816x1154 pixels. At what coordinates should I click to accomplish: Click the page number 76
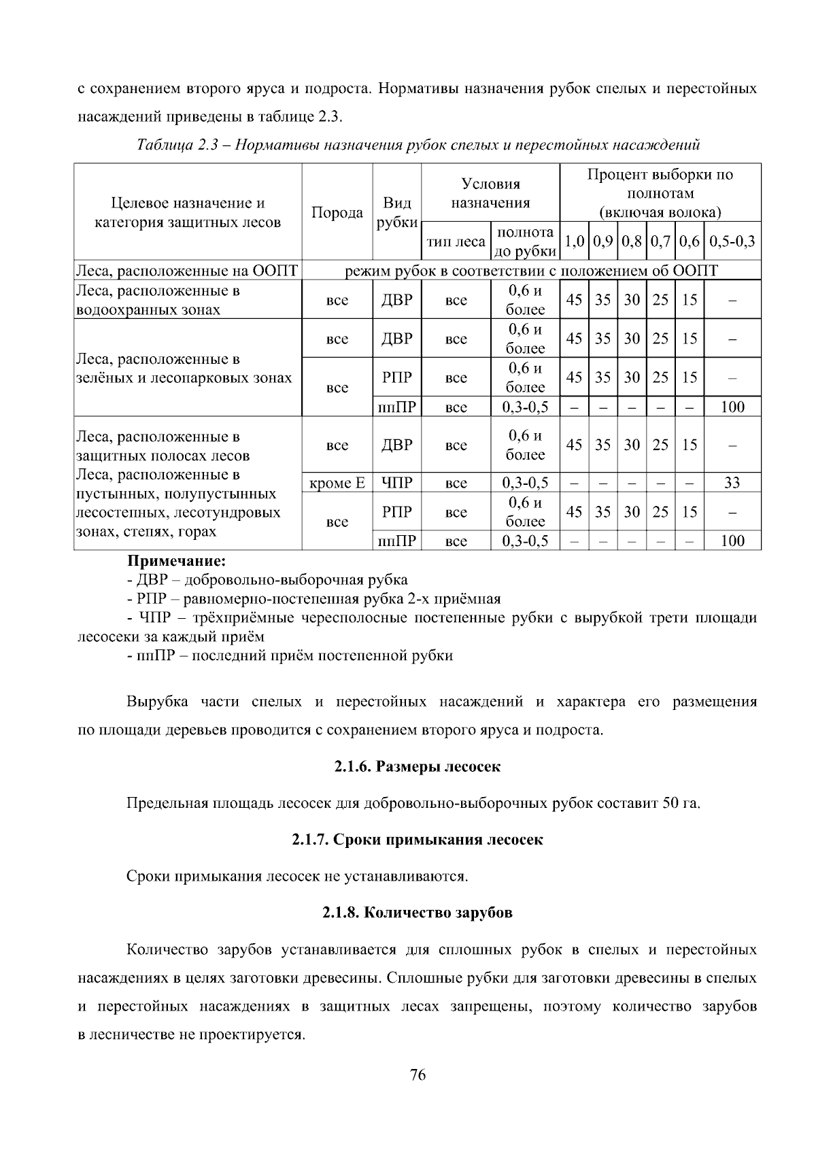(x=418, y=1075)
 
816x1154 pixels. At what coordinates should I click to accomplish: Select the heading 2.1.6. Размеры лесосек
(x=417, y=766)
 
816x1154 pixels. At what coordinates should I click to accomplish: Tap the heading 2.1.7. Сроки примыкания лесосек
(x=418, y=839)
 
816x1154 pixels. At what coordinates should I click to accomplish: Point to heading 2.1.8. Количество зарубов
(x=417, y=912)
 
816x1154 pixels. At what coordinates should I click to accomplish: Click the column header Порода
(x=337, y=212)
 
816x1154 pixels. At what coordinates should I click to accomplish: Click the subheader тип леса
(x=455, y=241)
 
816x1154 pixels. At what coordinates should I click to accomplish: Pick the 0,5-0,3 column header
(x=732, y=241)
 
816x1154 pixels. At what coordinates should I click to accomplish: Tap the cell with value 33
(x=732, y=483)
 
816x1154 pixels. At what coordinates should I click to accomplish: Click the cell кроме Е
(x=337, y=483)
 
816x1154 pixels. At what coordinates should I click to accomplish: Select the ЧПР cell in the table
(x=397, y=483)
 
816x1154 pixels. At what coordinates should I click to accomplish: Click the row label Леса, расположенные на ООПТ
(x=186, y=271)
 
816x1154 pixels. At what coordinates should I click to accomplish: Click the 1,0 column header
(x=574, y=241)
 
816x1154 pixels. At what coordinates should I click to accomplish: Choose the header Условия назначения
(x=490, y=193)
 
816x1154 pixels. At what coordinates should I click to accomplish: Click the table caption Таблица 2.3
(x=418, y=145)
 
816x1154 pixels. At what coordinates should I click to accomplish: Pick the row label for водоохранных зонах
(x=186, y=300)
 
